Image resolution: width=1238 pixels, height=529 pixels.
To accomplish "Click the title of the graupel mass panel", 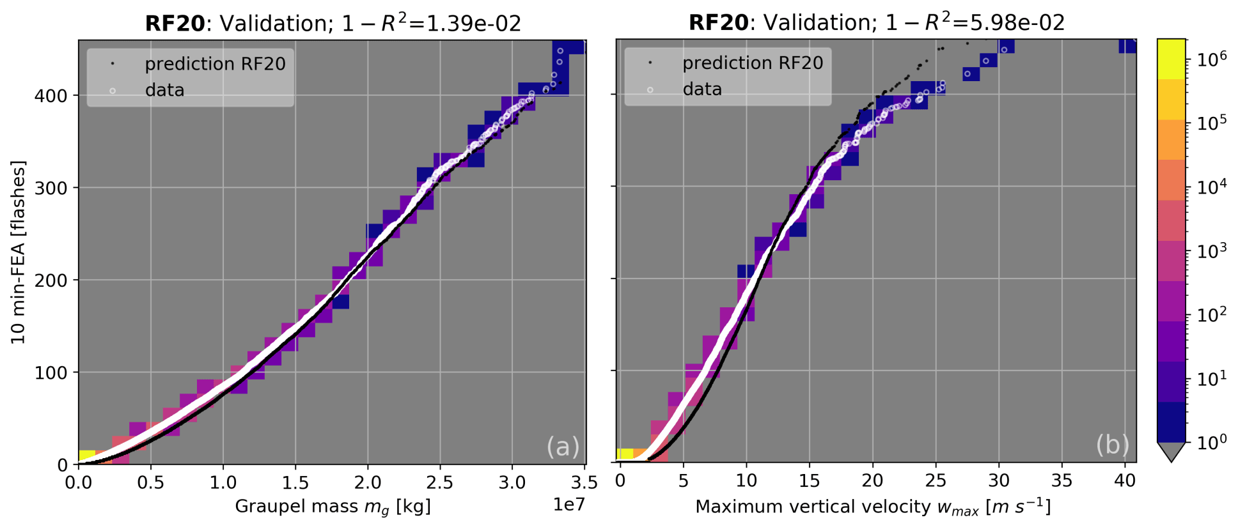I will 333,23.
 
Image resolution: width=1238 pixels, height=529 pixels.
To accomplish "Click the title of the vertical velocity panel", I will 876,22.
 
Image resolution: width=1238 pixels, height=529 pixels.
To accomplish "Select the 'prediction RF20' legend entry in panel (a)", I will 215,64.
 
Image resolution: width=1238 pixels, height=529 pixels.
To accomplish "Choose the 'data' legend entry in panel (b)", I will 702,89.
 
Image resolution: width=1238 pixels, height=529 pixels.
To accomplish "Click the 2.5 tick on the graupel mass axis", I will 439,482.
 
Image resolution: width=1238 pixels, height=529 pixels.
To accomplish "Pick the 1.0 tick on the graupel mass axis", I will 223,482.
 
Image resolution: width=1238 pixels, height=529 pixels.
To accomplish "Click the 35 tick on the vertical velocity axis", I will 1062,481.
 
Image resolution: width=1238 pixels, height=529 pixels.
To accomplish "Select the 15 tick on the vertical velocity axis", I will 809,481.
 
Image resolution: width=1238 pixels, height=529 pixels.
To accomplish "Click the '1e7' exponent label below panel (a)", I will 568,505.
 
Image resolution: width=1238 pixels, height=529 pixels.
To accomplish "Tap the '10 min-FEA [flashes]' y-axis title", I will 18,252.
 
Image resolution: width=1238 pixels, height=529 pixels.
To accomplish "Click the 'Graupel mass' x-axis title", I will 333,507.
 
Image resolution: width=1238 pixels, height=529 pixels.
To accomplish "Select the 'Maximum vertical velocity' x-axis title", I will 873,507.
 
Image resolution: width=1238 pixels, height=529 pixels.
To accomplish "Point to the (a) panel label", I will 563,446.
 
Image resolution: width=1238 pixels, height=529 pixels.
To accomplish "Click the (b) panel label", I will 1113,445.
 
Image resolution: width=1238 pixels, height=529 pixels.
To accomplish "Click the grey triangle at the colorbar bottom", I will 1171,451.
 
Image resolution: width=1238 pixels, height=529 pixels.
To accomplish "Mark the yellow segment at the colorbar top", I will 1171,59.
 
